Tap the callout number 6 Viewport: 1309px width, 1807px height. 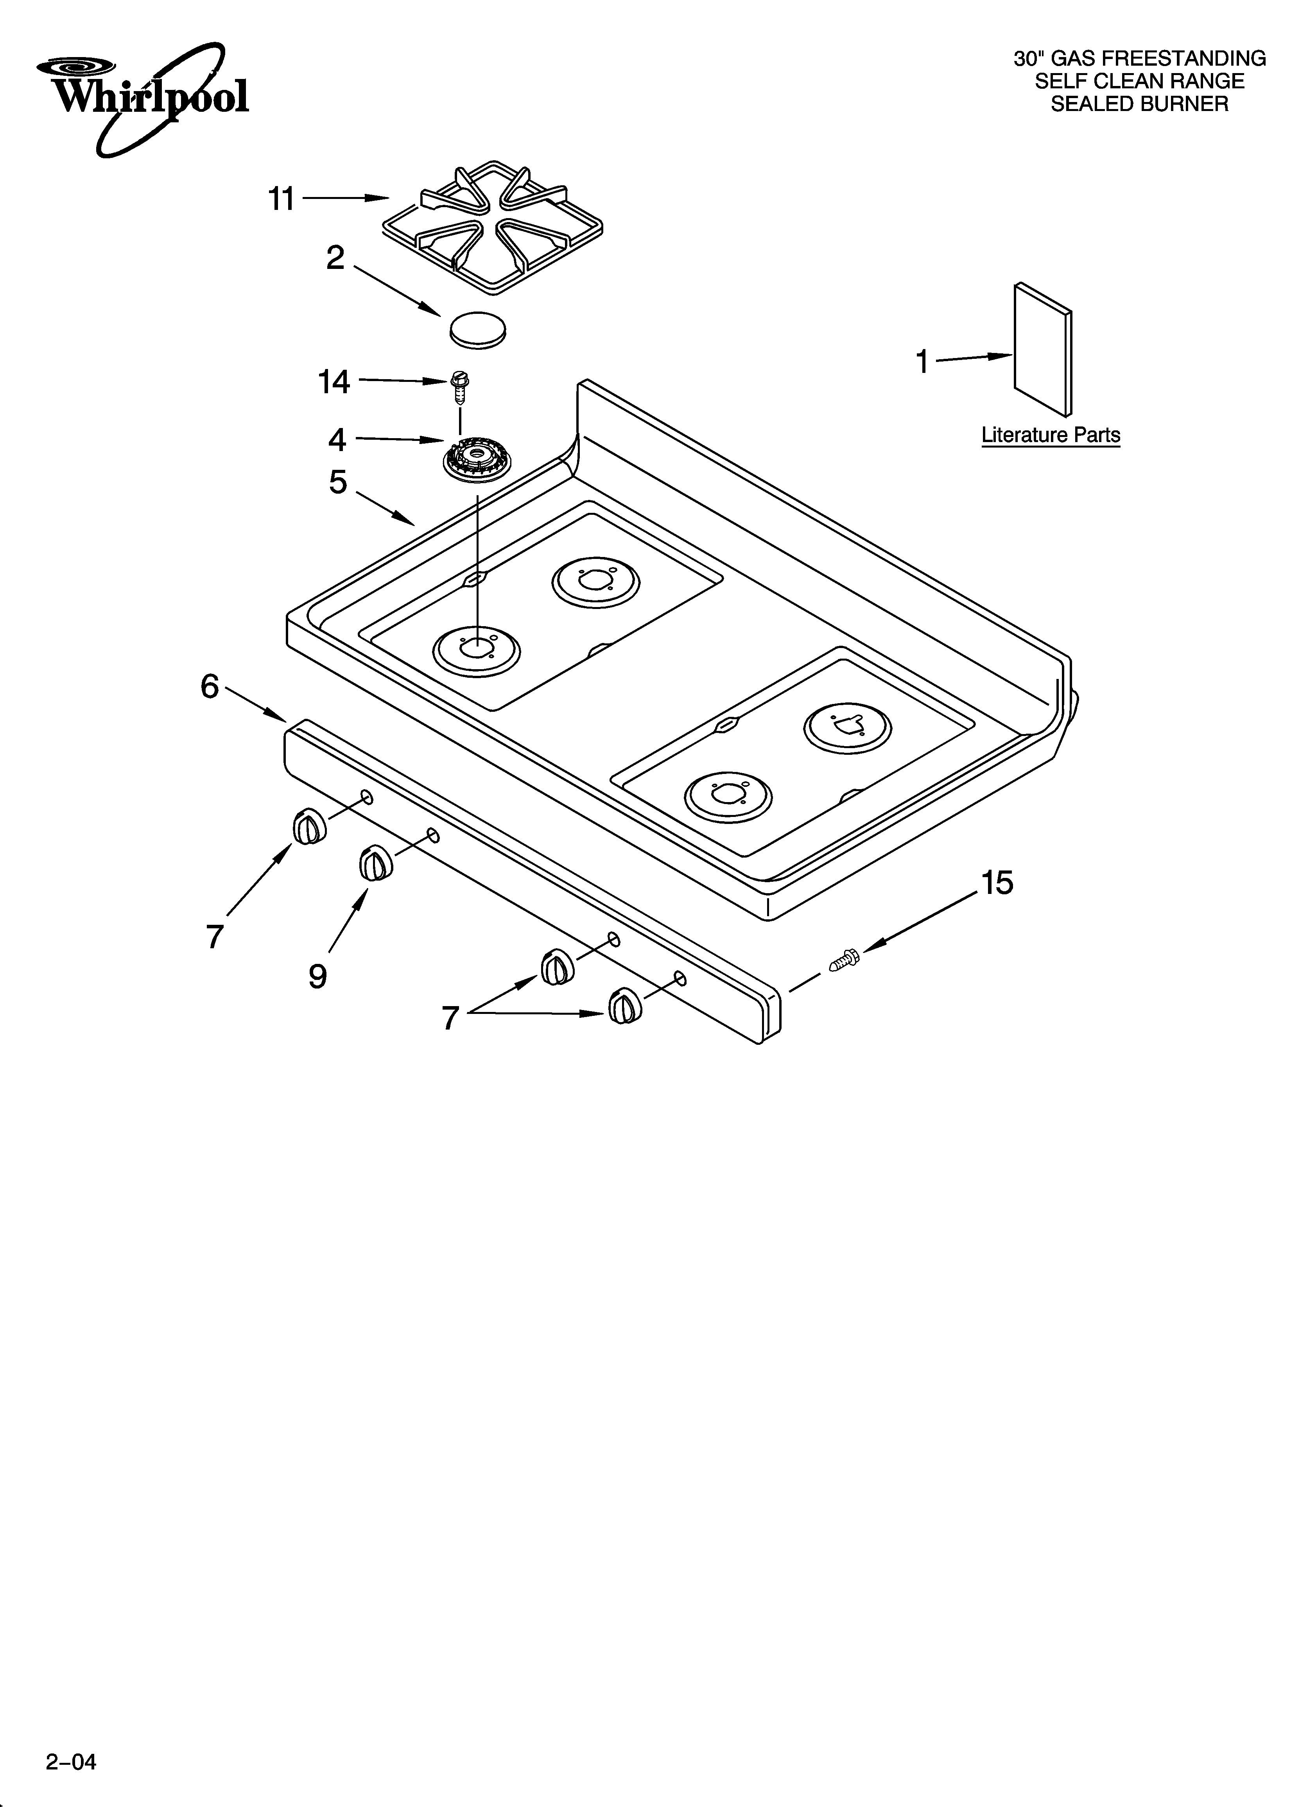[210, 686]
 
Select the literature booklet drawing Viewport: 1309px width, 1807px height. [1043, 349]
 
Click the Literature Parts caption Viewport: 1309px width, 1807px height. [1051, 435]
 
